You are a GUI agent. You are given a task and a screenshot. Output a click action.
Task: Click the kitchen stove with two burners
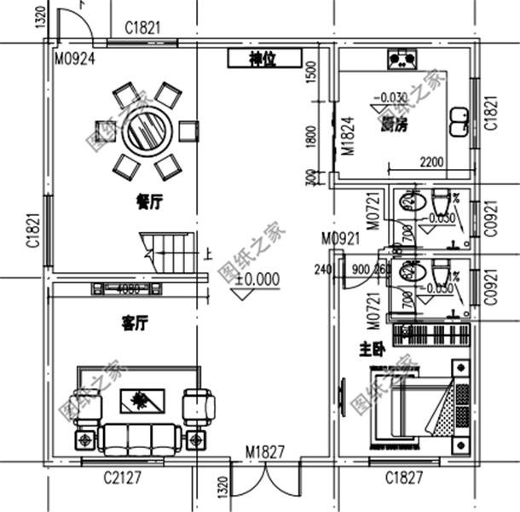click(x=402, y=59)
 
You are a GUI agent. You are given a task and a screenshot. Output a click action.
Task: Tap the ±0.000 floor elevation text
click(x=257, y=279)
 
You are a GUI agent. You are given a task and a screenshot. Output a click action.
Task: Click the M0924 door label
click(x=74, y=59)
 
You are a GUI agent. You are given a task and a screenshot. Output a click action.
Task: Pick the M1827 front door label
click(x=265, y=451)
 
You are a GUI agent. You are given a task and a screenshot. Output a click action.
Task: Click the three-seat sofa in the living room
click(x=139, y=438)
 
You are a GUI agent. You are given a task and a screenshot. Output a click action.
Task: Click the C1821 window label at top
click(x=142, y=27)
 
